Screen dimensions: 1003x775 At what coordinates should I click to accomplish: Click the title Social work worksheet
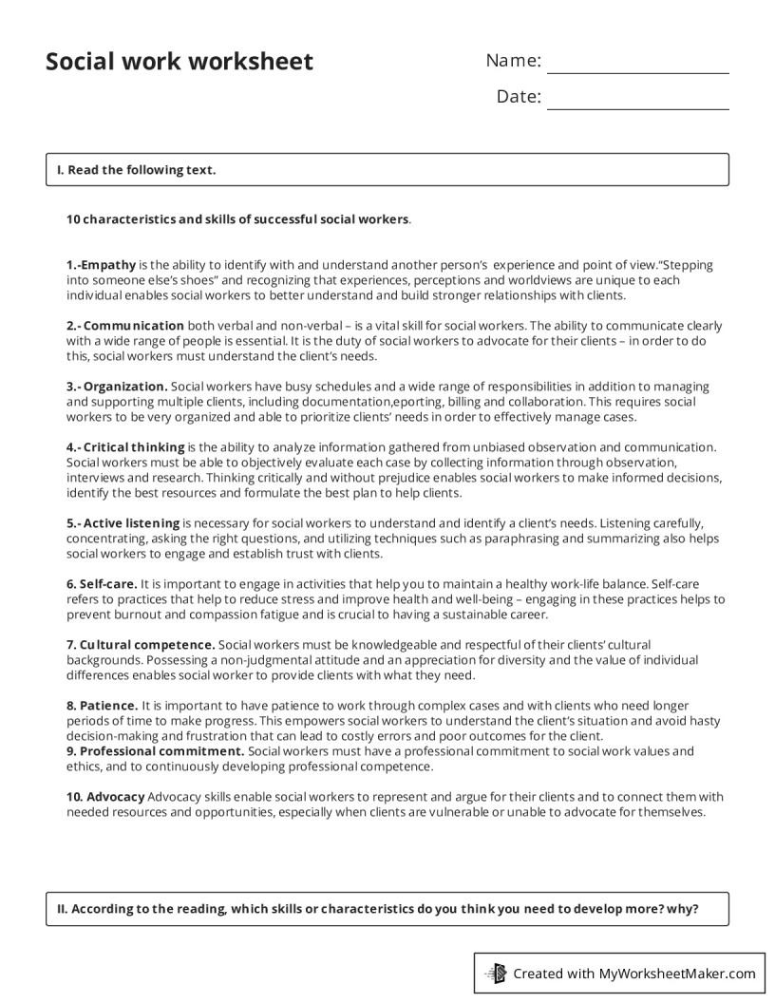(x=179, y=62)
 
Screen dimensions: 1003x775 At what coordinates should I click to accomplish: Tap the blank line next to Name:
(x=637, y=72)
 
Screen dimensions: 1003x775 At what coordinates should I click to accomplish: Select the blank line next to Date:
(x=637, y=108)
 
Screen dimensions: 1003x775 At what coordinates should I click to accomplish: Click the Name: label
(x=513, y=61)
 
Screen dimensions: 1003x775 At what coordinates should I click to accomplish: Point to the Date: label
(x=519, y=97)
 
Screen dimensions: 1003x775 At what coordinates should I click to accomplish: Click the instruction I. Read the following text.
(x=136, y=170)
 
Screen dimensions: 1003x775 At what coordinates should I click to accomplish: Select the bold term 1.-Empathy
(x=102, y=265)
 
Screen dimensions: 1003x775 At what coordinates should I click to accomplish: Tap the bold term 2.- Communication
(x=125, y=326)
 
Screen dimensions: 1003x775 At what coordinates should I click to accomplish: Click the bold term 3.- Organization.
(x=117, y=387)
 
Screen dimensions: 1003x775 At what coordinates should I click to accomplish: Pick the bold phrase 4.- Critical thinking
(x=125, y=447)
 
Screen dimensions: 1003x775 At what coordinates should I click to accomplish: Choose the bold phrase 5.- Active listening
(x=123, y=523)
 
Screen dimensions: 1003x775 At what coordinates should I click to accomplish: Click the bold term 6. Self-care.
(x=102, y=584)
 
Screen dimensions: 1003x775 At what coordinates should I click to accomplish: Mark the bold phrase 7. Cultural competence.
(x=141, y=645)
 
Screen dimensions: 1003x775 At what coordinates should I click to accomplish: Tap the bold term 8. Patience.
(x=102, y=706)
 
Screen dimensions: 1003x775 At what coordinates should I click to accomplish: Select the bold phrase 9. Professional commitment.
(x=155, y=751)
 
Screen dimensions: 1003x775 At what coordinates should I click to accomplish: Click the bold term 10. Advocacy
(x=105, y=796)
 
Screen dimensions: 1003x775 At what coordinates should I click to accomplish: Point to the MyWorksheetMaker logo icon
(x=495, y=973)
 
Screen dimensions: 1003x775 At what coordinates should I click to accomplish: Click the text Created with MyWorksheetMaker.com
(x=633, y=973)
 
